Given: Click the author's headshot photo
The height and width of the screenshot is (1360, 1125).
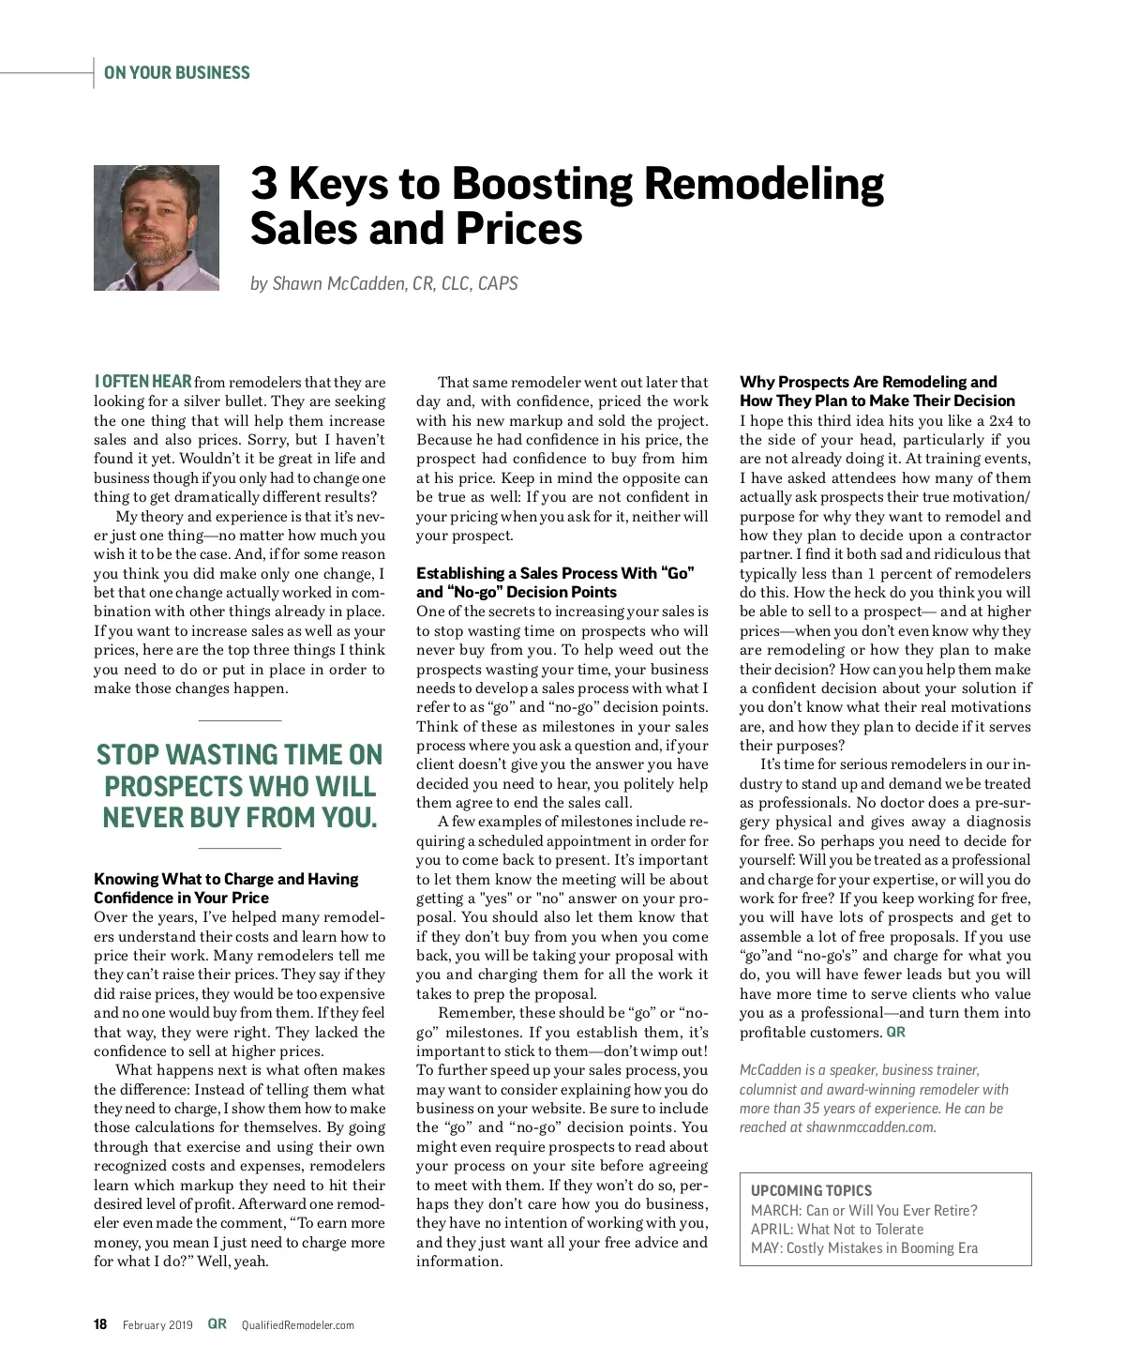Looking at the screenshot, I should pos(157,228).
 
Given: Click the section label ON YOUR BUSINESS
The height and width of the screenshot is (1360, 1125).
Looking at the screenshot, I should pos(177,73).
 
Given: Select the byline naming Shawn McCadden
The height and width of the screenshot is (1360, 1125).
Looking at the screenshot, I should pos(383,283).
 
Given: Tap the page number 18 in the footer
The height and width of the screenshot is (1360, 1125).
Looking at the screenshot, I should pos(100,1324).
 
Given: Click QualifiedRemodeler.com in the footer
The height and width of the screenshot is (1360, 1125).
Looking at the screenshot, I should pos(298,1325).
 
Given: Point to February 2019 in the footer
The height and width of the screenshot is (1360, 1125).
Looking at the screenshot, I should pos(157,1325).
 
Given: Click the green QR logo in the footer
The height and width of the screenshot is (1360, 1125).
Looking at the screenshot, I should pos(217,1324).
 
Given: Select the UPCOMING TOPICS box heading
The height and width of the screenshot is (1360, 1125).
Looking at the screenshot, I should pos(811,1190).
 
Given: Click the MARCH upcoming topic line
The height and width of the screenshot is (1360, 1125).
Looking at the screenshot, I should pos(863,1210).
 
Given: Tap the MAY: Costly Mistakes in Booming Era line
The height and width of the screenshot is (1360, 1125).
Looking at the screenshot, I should pos(863,1248).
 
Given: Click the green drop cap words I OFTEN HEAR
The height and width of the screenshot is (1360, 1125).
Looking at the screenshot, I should pos(142,382).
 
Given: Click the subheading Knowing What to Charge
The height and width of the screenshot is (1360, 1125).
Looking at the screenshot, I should pos(226,888).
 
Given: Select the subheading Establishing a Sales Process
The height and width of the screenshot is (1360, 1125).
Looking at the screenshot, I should pos(555,582).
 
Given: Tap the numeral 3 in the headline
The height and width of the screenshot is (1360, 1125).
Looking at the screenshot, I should pos(264,184).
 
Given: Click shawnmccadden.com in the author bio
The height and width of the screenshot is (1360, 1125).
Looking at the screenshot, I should pos(870,1127).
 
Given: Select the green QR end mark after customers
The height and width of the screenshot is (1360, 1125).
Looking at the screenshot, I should pos(896,1032).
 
